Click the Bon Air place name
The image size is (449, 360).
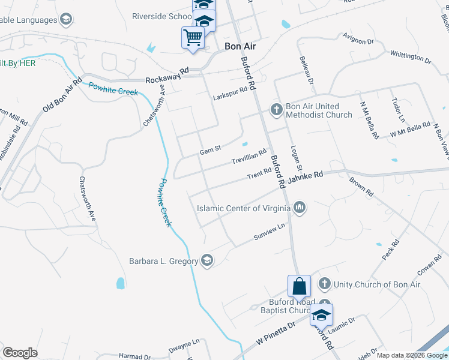[240, 46]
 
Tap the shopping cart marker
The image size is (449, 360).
[193, 38]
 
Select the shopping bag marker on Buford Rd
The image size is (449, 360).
[300, 286]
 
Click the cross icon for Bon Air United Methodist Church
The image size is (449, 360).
[276, 110]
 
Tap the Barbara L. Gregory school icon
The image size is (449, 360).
[207, 261]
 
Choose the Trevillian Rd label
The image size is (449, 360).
[249, 158]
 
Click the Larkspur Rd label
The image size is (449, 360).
[230, 94]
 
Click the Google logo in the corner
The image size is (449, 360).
[20, 352]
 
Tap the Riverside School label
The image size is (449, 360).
[161, 16]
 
